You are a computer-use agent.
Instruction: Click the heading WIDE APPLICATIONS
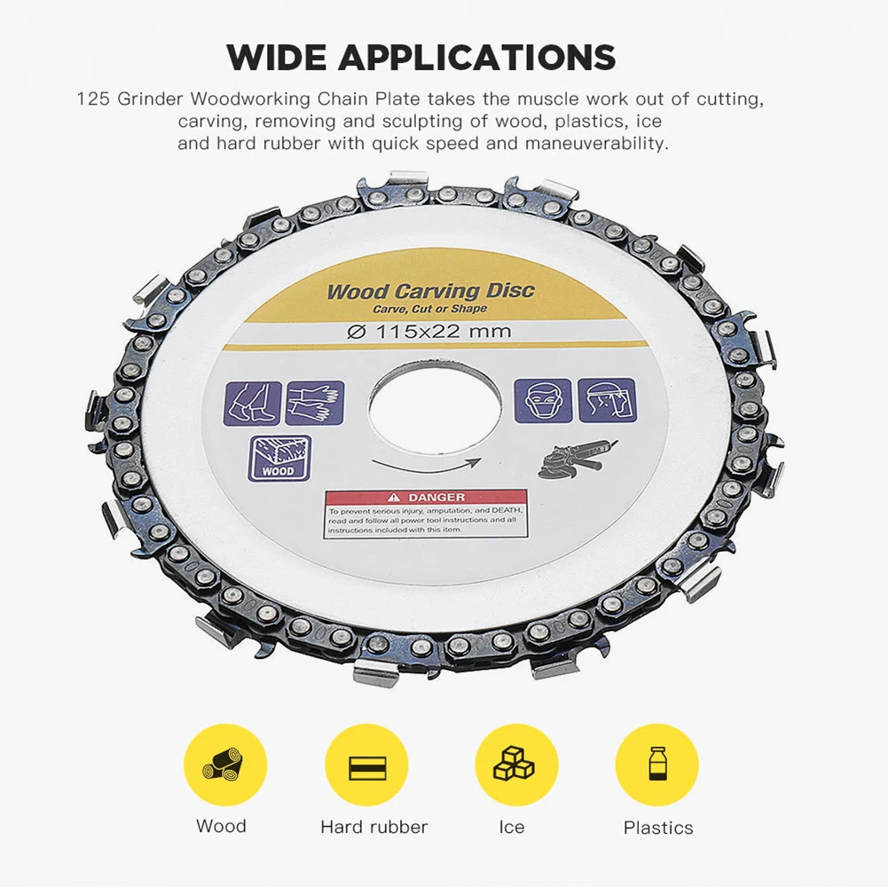click(x=420, y=58)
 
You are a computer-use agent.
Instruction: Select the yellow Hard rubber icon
click(x=366, y=765)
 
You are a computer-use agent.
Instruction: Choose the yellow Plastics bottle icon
click(x=657, y=765)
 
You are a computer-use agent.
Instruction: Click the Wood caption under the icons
click(x=222, y=826)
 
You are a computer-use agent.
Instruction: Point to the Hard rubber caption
click(x=373, y=827)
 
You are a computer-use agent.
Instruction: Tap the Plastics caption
click(x=658, y=828)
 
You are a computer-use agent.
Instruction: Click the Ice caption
click(x=512, y=827)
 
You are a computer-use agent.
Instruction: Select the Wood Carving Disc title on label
click(x=430, y=291)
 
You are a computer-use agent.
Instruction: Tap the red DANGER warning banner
click(x=425, y=499)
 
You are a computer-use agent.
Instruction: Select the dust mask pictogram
click(x=541, y=400)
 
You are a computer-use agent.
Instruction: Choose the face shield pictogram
click(x=606, y=400)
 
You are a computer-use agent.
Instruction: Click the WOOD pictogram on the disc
click(x=279, y=458)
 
